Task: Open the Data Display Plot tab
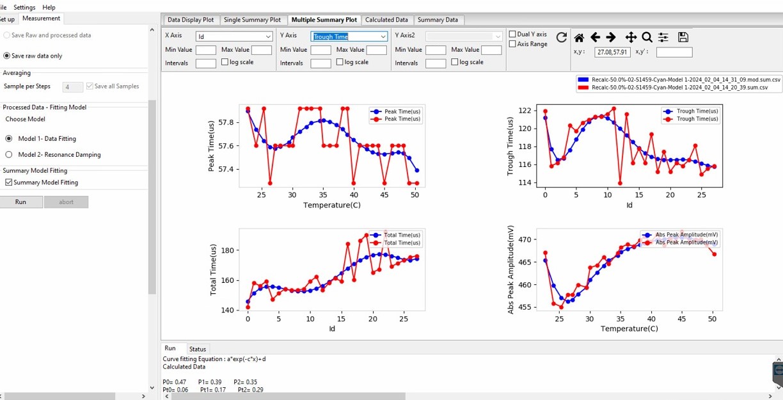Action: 190,20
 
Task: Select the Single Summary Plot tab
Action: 252,20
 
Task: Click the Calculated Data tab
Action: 386,20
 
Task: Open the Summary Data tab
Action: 439,20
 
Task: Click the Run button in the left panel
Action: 21,202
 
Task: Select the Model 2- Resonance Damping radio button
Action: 9,154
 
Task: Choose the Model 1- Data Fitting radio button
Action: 9,138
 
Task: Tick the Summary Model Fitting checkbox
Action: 8,182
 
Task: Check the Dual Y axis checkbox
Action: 512,34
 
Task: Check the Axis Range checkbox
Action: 512,44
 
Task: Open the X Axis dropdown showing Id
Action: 235,36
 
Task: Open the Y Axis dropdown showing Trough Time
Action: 349,36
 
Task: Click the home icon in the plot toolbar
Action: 579,38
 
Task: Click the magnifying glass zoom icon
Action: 647,38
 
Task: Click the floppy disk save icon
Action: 683,38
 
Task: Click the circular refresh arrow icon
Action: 561,38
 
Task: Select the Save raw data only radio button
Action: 7,56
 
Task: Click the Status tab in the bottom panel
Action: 198,349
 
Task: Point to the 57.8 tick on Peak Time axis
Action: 226,122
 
